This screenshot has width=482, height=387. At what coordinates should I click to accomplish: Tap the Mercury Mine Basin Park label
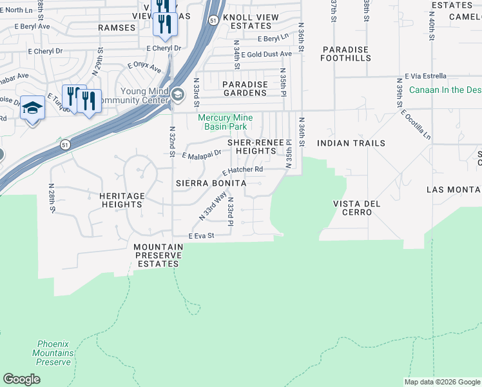pos(226,122)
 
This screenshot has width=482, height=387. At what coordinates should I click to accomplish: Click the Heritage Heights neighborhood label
pos(121,199)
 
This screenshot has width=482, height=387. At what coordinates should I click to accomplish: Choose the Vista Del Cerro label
pos(356,208)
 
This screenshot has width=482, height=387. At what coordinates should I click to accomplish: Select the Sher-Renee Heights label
pos(255,146)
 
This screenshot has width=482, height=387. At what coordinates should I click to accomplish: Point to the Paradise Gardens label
pos(244,88)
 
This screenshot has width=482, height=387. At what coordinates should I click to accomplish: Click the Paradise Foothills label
pos(346,54)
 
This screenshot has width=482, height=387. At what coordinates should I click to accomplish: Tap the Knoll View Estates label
pos(251,22)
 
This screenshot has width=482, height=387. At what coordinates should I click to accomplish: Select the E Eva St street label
pos(201,237)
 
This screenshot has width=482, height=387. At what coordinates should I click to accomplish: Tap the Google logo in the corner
pos(21,379)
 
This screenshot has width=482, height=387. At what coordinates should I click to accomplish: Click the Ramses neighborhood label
pos(117,28)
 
